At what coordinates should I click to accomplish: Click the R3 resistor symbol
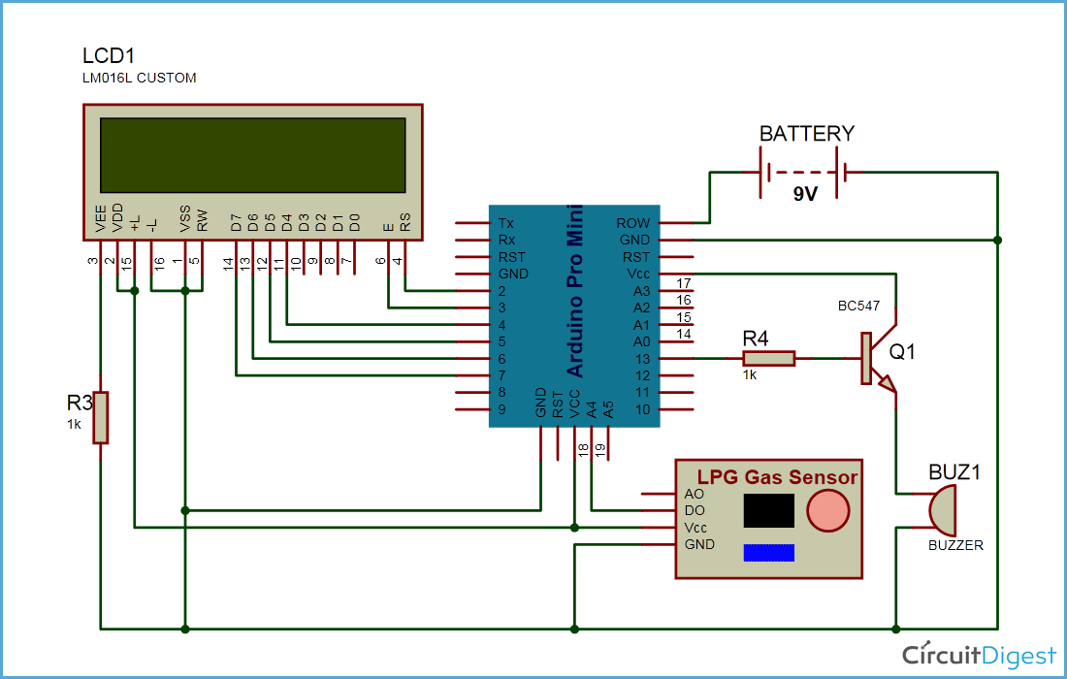(x=100, y=417)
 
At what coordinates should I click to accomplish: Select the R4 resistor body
(x=769, y=358)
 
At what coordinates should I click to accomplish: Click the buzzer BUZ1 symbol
(x=939, y=510)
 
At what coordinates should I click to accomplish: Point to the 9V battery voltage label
(x=804, y=194)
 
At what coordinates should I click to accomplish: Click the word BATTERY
(x=806, y=134)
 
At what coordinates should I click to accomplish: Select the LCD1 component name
(x=108, y=56)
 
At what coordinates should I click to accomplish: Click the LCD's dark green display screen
(x=252, y=155)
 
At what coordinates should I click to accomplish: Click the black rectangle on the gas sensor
(x=768, y=510)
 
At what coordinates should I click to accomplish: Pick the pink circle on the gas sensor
(x=827, y=510)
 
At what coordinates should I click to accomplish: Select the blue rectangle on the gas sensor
(x=768, y=552)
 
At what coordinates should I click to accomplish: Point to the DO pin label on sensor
(x=695, y=510)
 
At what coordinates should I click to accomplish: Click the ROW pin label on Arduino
(x=633, y=223)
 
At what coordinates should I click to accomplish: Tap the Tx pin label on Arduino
(x=505, y=223)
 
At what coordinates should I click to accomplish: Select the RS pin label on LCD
(x=405, y=223)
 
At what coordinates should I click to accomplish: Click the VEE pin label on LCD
(x=101, y=222)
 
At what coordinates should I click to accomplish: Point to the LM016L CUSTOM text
(x=140, y=78)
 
